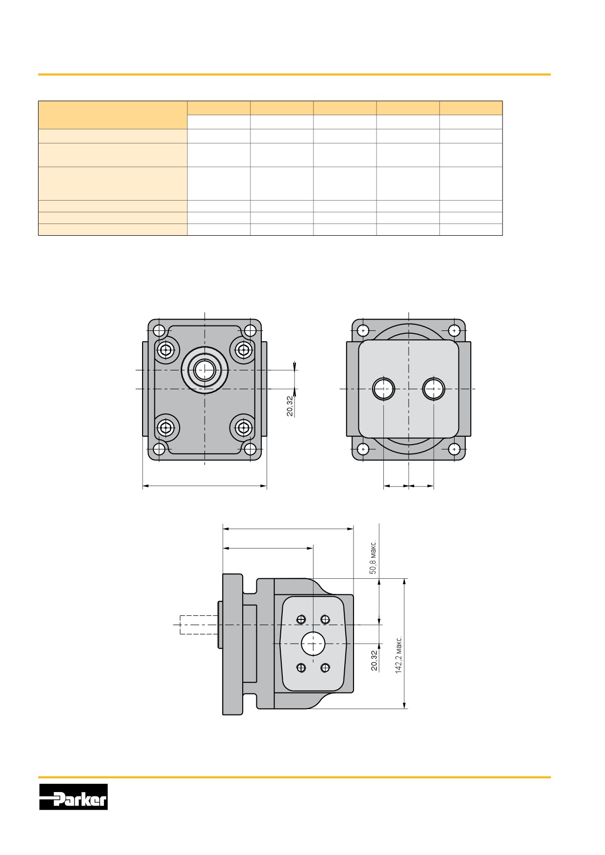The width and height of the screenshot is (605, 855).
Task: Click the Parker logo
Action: (73, 797)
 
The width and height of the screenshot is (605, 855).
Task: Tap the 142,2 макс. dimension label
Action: (399, 655)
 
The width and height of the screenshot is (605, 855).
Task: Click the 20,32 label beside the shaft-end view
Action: (290, 406)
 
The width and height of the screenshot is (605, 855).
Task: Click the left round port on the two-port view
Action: (383, 388)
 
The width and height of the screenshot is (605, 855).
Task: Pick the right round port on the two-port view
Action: (434, 388)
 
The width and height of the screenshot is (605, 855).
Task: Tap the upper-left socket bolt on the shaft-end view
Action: (167, 349)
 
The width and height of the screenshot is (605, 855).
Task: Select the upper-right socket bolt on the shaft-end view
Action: (243, 349)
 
